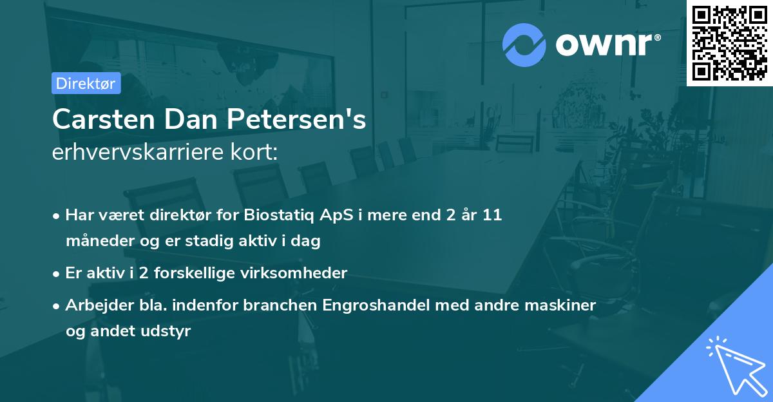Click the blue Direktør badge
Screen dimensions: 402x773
click(86, 83)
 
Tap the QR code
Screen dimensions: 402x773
click(729, 43)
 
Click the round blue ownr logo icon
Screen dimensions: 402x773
click(524, 44)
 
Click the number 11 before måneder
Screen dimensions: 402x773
click(492, 215)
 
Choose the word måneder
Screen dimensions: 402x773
click(95, 242)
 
